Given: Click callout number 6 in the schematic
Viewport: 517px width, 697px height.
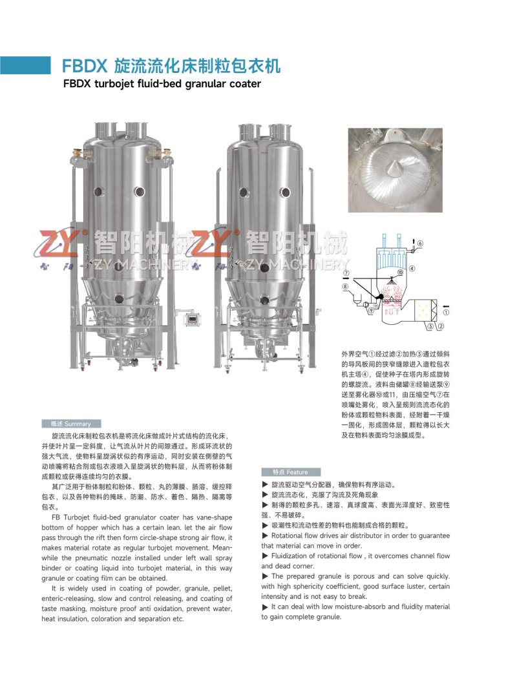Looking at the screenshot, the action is point(420,243).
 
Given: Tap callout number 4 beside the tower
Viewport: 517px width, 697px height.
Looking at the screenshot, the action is point(412,269).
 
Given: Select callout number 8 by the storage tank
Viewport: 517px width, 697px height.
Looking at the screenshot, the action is point(345,287).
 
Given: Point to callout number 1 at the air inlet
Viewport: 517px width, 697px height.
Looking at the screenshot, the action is point(446,313).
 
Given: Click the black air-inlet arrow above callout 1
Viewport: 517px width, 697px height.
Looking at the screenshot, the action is point(446,306).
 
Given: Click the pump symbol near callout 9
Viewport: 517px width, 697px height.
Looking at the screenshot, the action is point(365,304).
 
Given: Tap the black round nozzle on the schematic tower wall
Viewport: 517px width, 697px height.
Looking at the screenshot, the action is point(379,296).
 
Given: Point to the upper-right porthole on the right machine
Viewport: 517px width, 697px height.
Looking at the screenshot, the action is point(284,192).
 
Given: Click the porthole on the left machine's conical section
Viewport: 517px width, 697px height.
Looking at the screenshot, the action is point(119,298).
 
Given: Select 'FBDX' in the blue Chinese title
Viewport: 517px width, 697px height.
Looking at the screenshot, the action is point(85,66).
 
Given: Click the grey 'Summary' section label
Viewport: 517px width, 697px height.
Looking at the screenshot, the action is point(72,424).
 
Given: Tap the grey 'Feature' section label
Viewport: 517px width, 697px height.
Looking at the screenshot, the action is point(291,472).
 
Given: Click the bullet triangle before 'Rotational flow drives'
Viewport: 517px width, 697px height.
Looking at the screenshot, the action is point(266,536).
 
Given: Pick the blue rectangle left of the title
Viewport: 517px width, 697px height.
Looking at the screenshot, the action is point(25,65).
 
